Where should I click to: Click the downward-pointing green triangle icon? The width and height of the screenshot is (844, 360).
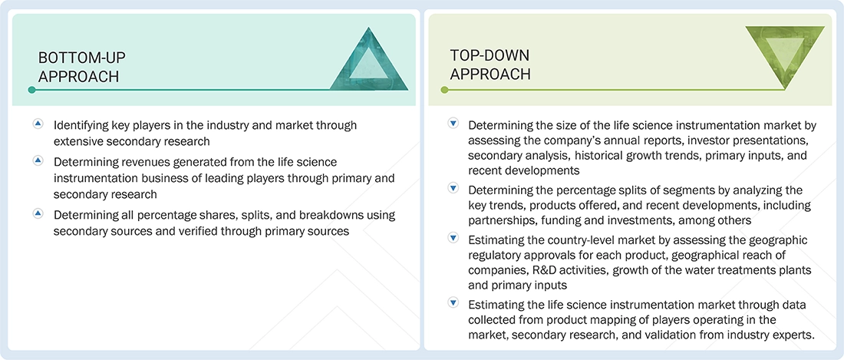(785, 51)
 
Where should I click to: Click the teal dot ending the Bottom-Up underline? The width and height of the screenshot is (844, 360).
(32, 90)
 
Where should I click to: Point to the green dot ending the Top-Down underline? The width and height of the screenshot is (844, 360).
(444, 90)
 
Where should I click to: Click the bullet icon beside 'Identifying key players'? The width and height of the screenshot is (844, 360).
(38, 124)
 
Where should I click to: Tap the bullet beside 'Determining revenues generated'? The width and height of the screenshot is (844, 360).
(38, 160)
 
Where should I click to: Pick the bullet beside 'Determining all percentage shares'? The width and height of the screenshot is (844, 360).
(38, 213)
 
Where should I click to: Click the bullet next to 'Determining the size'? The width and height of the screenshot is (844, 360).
(453, 124)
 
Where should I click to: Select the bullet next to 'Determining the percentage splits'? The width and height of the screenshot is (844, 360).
(453, 188)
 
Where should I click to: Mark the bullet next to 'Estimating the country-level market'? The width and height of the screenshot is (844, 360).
(453, 237)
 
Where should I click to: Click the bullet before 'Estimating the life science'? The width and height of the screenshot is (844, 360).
(453, 303)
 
